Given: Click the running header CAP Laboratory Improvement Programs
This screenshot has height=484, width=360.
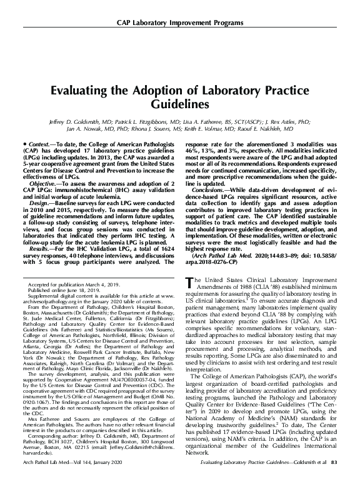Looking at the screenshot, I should (179, 24).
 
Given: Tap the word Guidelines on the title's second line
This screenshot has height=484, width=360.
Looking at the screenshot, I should (179, 103).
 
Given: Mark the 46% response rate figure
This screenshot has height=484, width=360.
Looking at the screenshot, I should (192, 152).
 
